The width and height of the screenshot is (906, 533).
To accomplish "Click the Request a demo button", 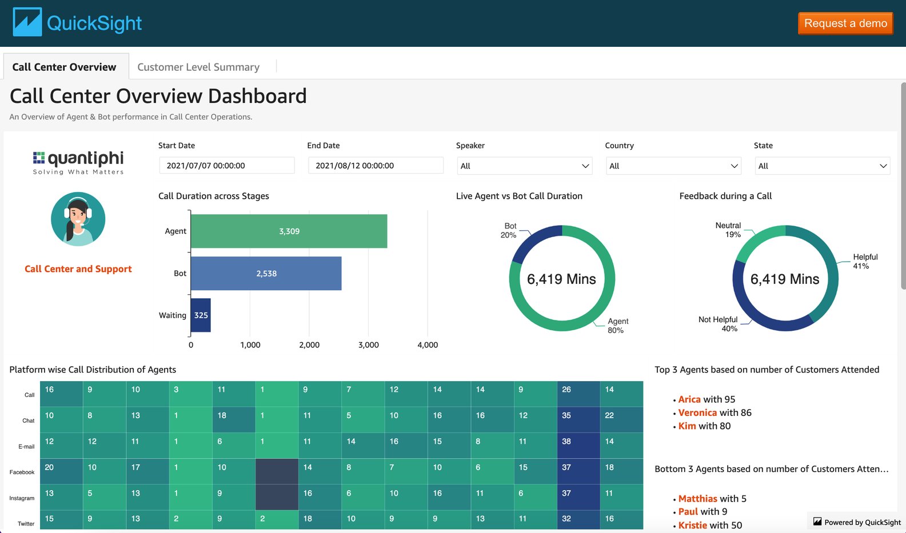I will pyautogui.click(x=845, y=23).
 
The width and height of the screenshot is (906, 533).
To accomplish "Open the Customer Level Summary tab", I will pyautogui.click(x=198, y=67).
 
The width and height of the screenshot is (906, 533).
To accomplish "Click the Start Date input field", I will pyautogui.click(x=227, y=166).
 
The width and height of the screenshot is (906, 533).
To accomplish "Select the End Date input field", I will pyautogui.click(x=376, y=166).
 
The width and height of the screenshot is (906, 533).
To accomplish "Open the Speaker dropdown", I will pyautogui.click(x=524, y=166).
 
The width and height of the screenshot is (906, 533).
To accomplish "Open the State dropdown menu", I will pyautogui.click(x=822, y=166).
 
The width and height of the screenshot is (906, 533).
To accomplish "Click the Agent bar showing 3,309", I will pyautogui.click(x=289, y=231).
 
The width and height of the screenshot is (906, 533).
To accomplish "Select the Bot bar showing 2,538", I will pyautogui.click(x=266, y=274).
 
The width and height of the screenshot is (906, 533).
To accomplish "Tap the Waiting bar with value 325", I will pyautogui.click(x=201, y=315).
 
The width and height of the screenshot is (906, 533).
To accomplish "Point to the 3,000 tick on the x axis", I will pyautogui.click(x=368, y=345).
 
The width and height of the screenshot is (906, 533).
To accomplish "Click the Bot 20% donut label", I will pyautogui.click(x=509, y=230).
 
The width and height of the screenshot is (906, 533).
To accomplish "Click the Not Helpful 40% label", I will pyautogui.click(x=719, y=324).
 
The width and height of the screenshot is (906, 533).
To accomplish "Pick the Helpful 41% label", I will pyautogui.click(x=865, y=261).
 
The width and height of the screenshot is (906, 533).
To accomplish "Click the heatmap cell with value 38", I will pyautogui.click(x=578, y=442).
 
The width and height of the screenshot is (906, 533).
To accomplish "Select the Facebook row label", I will pyautogui.click(x=22, y=472).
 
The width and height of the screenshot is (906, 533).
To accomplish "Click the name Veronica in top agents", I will pyautogui.click(x=697, y=412).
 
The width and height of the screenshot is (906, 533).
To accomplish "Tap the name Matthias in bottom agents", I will pyautogui.click(x=697, y=499).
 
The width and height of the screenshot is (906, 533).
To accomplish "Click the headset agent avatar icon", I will pyautogui.click(x=78, y=219).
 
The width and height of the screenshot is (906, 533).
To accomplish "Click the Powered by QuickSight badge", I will pyautogui.click(x=857, y=522).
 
